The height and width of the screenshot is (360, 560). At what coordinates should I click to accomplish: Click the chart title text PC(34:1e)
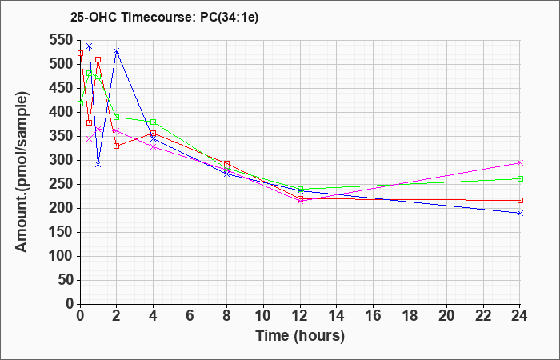pyautogui.click(x=229, y=17)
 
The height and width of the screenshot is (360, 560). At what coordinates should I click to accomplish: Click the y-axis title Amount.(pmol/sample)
pyautogui.click(x=22, y=172)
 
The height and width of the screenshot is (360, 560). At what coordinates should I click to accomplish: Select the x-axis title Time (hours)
pyautogui.click(x=300, y=336)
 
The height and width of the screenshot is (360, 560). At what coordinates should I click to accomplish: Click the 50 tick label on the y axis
pyautogui.click(x=67, y=280)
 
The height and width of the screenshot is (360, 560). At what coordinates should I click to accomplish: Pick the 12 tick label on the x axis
pyautogui.click(x=300, y=315)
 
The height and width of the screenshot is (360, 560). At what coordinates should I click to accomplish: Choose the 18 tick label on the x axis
pyautogui.click(x=410, y=315)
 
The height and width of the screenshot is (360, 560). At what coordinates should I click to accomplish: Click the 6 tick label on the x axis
pyautogui.click(x=190, y=315)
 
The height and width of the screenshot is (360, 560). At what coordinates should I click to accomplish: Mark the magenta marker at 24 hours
pyautogui.click(x=520, y=163)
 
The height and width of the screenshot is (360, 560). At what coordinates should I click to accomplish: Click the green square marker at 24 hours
pyautogui.click(x=520, y=179)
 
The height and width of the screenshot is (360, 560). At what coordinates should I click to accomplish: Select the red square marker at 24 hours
pyautogui.click(x=520, y=200)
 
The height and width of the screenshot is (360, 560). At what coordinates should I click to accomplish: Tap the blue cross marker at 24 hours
pyautogui.click(x=520, y=214)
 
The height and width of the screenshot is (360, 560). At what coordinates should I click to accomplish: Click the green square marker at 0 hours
pyautogui.click(x=80, y=103)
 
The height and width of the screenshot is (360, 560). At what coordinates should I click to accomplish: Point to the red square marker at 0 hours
pyautogui.click(x=80, y=54)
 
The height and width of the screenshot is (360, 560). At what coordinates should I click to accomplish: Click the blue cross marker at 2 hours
pyautogui.click(x=117, y=51)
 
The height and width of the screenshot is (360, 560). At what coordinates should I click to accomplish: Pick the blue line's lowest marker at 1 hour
pyautogui.click(x=98, y=164)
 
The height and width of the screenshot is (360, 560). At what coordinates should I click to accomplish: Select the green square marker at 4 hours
pyautogui.click(x=154, y=122)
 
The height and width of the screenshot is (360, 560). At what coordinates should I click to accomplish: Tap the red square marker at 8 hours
pyautogui.click(x=226, y=163)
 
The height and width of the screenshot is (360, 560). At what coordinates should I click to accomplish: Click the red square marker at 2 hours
pyautogui.click(x=117, y=146)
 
